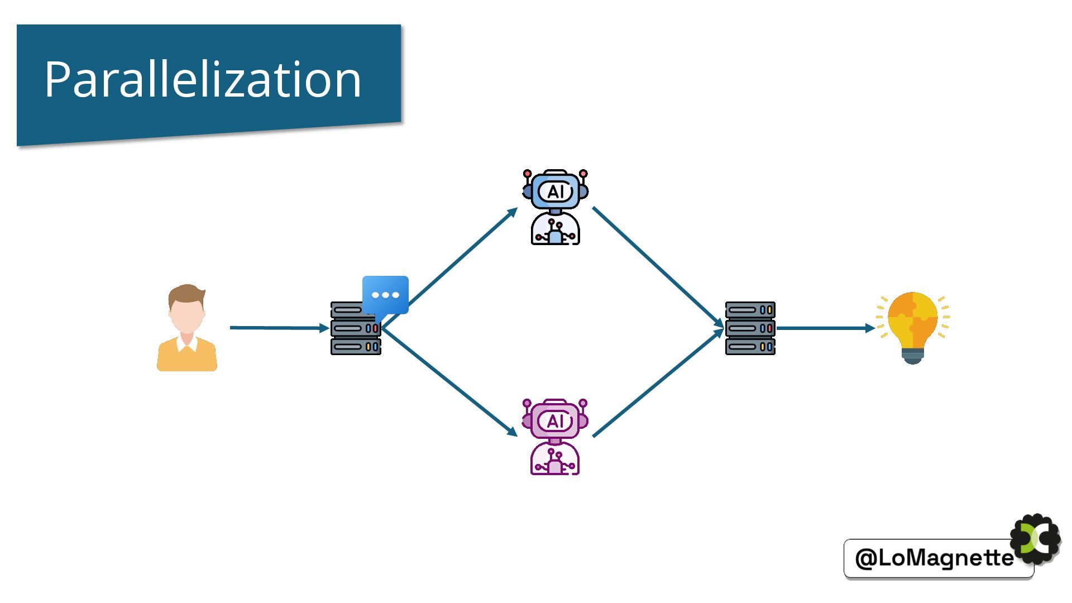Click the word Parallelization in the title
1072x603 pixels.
203,79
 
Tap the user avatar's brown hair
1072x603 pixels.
186,294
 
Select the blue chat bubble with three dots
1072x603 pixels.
385,294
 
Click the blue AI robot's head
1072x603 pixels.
555,192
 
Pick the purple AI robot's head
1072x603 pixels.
555,420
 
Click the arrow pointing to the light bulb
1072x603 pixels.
824,328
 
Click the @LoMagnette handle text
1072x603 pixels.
934,558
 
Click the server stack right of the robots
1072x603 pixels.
750,328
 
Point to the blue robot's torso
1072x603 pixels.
555,230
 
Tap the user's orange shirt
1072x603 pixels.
186,357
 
